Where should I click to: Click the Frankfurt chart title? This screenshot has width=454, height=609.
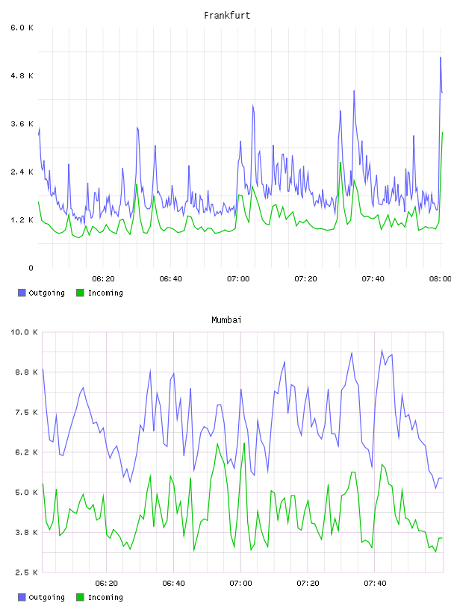tap(227, 16)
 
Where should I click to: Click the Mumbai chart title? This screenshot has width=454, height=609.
tap(226, 320)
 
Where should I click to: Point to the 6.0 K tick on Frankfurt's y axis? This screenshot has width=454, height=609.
tap(22, 28)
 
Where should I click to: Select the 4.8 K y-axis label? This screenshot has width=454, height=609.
tap(22, 75)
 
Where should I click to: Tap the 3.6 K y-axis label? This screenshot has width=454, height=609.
tap(22, 124)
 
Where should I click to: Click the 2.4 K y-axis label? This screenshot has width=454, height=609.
tap(22, 172)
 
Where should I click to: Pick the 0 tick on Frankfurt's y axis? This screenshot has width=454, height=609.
tap(31, 268)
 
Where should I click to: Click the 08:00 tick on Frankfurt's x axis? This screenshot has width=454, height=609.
tap(440, 279)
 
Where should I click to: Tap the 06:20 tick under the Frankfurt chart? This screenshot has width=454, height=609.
tap(103, 279)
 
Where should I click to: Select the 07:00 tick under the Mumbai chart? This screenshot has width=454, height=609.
tap(240, 584)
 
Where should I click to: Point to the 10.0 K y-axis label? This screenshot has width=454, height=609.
tap(24, 332)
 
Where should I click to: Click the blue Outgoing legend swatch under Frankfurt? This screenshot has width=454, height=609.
tap(22, 293)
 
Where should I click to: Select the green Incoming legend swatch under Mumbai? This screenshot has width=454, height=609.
tap(80, 597)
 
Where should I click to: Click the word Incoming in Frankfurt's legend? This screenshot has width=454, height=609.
tap(105, 293)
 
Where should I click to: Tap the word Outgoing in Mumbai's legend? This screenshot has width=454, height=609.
tap(46, 598)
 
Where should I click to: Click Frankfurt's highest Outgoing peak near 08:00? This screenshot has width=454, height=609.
tap(441, 57)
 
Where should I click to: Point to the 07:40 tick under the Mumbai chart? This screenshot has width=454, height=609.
tap(375, 584)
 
